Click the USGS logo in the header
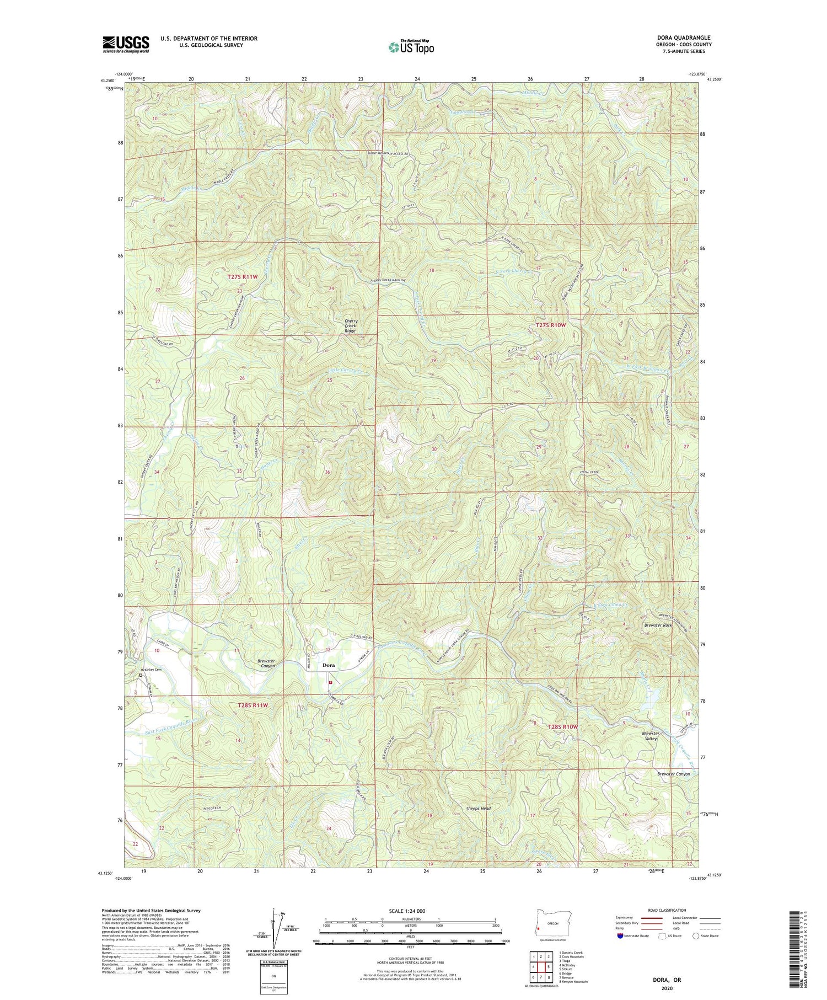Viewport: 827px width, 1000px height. click(126, 44)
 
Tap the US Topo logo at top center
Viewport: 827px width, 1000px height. click(411, 47)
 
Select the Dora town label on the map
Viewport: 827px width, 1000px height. click(329, 665)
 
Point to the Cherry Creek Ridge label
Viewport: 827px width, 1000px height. click(351, 326)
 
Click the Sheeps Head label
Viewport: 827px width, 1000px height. click(477, 808)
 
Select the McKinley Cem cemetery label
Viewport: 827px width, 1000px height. click(151, 670)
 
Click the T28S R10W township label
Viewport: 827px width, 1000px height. click(563, 727)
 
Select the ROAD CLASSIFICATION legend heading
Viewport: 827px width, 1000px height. click(667, 910)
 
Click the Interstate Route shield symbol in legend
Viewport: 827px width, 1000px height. click(620, 935)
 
